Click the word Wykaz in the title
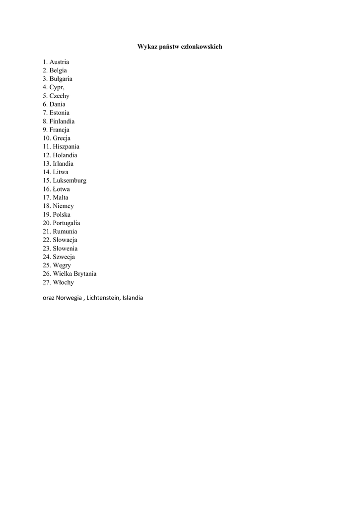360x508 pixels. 145,47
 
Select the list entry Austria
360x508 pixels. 59,62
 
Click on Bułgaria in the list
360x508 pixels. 61,79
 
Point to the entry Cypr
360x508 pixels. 56,87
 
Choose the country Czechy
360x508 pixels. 59,96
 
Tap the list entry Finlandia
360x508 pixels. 62,121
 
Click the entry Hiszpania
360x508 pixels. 66,147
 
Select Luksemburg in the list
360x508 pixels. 69,181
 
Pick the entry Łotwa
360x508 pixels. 61,189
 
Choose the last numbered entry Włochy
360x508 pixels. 63,282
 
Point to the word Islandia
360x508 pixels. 132,298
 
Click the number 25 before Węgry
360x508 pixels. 46,265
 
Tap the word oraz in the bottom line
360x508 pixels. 48,298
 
